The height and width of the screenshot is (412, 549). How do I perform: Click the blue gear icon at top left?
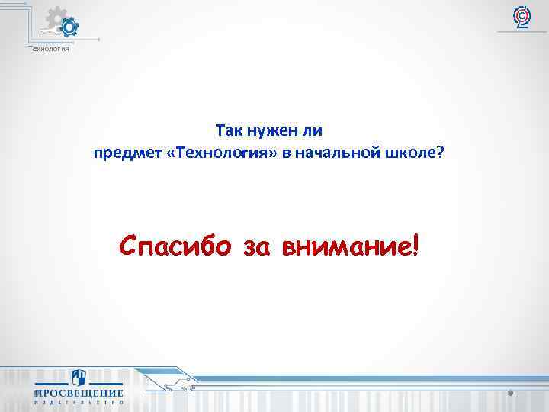pos(69,28)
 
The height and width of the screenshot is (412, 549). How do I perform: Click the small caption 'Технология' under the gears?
pos(49,50)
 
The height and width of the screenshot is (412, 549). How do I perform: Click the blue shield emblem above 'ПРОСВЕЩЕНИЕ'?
pos(79,378)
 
